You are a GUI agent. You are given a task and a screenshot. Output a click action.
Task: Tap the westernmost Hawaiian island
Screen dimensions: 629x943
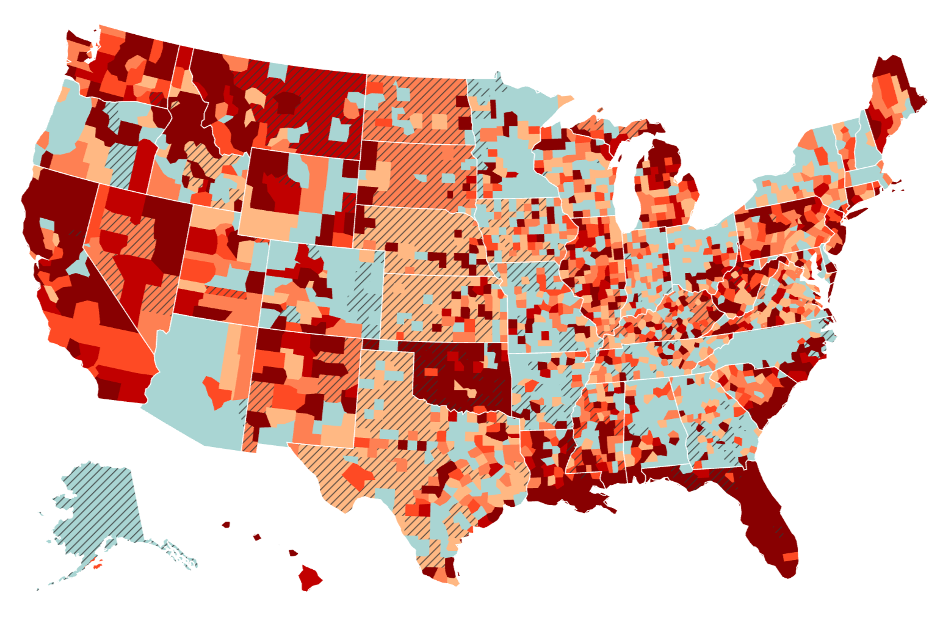coord(226,524)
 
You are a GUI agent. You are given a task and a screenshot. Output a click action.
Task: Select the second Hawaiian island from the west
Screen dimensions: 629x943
coord(257,537)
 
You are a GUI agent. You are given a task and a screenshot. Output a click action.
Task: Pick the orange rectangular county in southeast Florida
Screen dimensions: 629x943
coord(790,556)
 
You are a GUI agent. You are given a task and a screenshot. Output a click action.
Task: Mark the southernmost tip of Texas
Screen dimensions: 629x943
coord(452,580)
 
